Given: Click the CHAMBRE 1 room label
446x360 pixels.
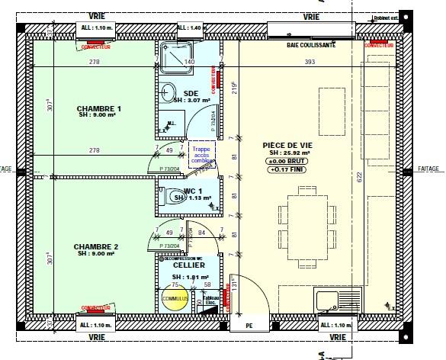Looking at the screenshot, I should pos(99,109).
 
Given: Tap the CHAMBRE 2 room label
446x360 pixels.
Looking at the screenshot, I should pos(96,246).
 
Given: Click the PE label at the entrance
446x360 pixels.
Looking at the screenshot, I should pos(249,326).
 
